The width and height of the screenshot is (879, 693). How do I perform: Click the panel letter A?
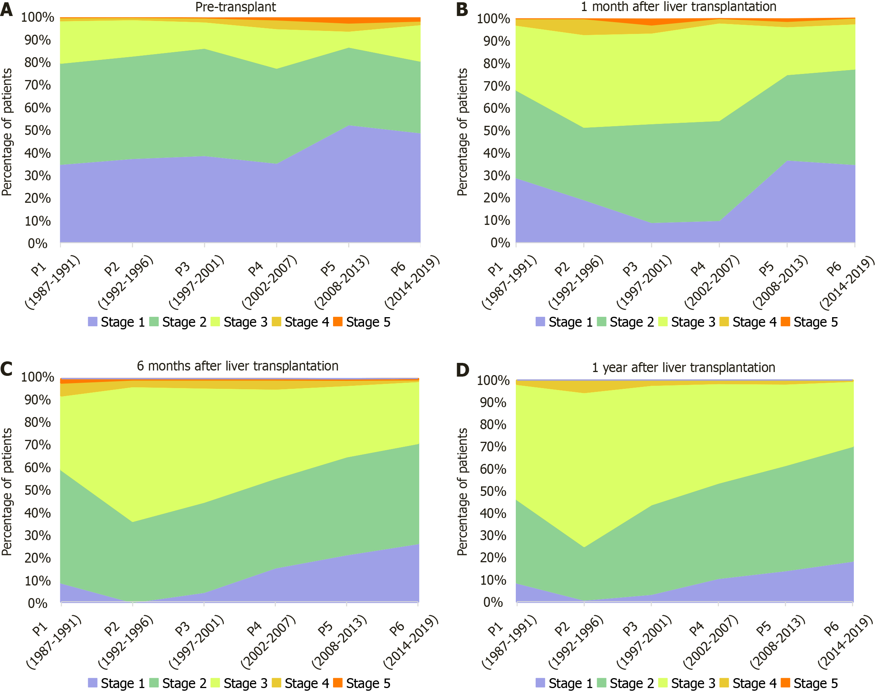(x=6, y=9)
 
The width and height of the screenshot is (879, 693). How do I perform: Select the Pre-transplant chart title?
(x=235, y=7)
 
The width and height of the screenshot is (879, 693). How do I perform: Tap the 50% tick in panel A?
(x=38, y=131)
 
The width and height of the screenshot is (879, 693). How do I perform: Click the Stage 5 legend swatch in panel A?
(x=337, y=322)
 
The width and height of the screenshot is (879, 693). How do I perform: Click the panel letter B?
(x=462, y=9)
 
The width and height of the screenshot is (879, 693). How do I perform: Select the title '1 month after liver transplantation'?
(x=678, y=7)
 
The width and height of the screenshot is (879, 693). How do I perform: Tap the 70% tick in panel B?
(x=496, y=86)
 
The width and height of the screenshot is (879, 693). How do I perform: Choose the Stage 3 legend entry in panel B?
(x=687, y=322)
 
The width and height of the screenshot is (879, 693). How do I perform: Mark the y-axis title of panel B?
(x=462, y=132)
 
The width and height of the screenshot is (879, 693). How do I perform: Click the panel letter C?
(x=6, y=369)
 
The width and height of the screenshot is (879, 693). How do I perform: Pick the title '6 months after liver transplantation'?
(x=238, y=366)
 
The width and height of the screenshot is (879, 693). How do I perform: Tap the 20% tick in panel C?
(x=38, y=558)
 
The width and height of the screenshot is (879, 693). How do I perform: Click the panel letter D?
(x=462, y=370)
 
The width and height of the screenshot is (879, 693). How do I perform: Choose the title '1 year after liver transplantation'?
(x=683, y=367)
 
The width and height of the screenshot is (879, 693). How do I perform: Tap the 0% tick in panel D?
(x=493, y=602)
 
